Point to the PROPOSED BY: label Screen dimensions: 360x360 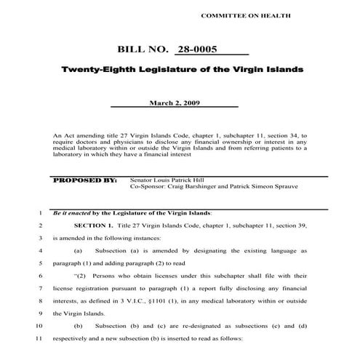click(86, 178)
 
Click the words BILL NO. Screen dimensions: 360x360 click(142, 50)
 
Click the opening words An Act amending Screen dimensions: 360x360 click(79, 135)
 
